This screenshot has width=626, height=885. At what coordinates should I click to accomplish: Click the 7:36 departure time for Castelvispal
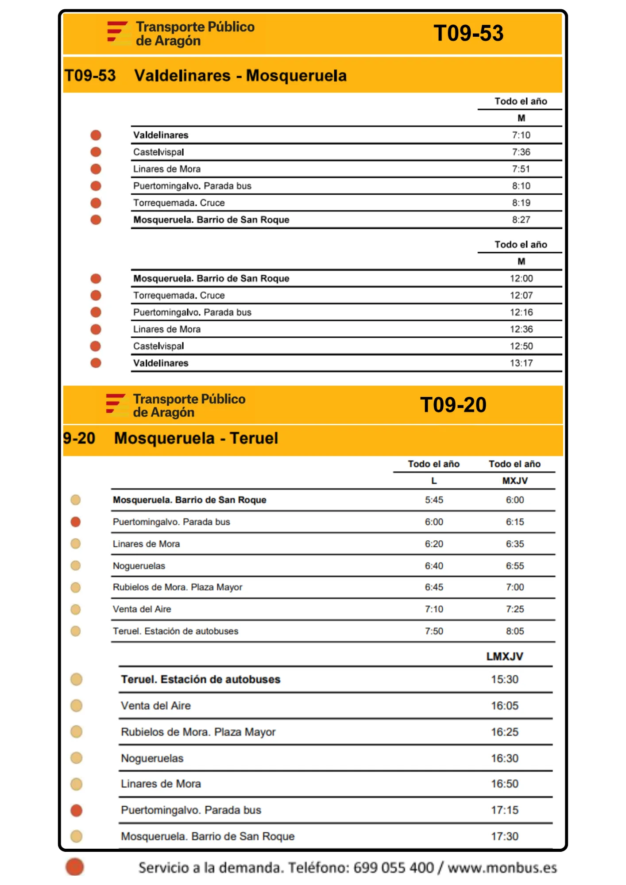521,152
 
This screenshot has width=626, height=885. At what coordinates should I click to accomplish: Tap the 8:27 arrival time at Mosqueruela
521,220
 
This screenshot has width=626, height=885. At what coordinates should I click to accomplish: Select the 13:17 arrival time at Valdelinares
521,363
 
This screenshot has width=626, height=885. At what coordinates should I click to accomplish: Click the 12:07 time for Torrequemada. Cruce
521,296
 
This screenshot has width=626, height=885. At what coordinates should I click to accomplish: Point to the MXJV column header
515,481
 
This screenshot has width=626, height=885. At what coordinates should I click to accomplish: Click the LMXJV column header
505,656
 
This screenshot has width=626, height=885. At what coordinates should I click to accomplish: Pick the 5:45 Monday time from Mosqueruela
434,500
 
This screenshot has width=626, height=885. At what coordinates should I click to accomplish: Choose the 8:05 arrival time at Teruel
515,631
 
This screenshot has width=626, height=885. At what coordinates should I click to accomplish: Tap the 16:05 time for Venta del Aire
505,706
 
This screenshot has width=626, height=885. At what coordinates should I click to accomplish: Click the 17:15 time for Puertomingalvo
505,810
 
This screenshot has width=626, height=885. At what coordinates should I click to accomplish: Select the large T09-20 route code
453,405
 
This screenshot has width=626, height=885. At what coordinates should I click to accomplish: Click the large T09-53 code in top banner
468,33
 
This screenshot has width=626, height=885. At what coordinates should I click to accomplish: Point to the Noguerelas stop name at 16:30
152,758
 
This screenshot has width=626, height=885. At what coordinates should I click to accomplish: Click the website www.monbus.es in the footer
502,868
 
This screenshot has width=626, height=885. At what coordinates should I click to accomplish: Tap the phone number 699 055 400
394,868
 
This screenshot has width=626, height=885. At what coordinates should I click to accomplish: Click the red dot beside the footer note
75,867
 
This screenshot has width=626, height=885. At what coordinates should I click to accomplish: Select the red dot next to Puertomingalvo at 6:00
76,522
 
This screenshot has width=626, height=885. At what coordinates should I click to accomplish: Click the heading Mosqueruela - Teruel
196,439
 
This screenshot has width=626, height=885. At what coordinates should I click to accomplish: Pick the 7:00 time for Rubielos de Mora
515,587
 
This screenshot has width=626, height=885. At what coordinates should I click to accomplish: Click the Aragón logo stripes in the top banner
117,32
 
